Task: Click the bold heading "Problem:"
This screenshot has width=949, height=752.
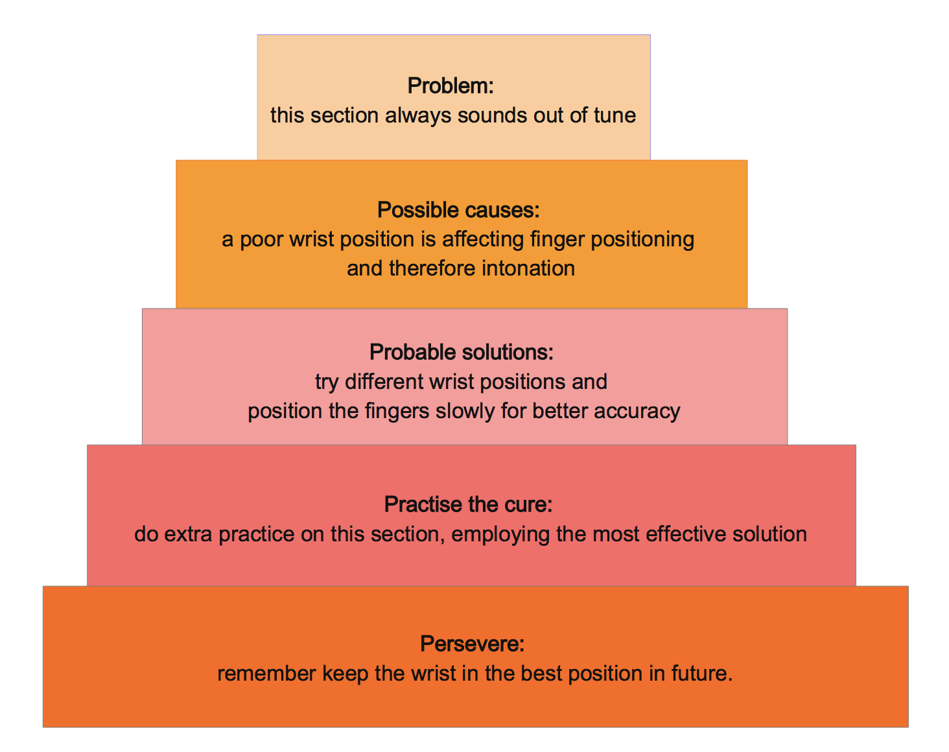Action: (x=451, y=86)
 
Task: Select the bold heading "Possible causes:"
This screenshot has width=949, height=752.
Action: (x=458, y=210)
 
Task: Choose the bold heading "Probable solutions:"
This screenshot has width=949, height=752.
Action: (x=462, y=352)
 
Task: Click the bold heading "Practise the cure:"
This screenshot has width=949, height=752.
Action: (x=468, y=504)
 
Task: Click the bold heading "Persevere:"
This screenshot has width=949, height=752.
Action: (x=472, y=644)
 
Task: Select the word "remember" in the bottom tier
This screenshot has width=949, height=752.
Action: (x=266, y=674)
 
